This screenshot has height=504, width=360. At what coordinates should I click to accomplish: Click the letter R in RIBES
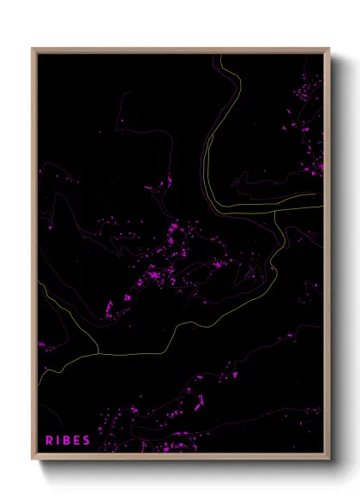coord(50,441)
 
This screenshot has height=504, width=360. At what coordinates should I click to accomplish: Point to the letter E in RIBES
coord(77,441)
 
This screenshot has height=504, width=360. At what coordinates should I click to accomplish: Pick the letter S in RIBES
coord(87,441)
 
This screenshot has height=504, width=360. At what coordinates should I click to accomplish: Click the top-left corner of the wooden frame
coord(33,49)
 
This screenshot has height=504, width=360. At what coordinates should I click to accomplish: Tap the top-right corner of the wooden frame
coord(329,49)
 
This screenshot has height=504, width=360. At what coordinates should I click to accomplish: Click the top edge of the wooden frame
coord(181,50)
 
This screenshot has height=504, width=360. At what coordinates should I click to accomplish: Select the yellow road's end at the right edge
coord(323,206)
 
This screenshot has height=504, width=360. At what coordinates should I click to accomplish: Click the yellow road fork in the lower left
coord(99,352)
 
